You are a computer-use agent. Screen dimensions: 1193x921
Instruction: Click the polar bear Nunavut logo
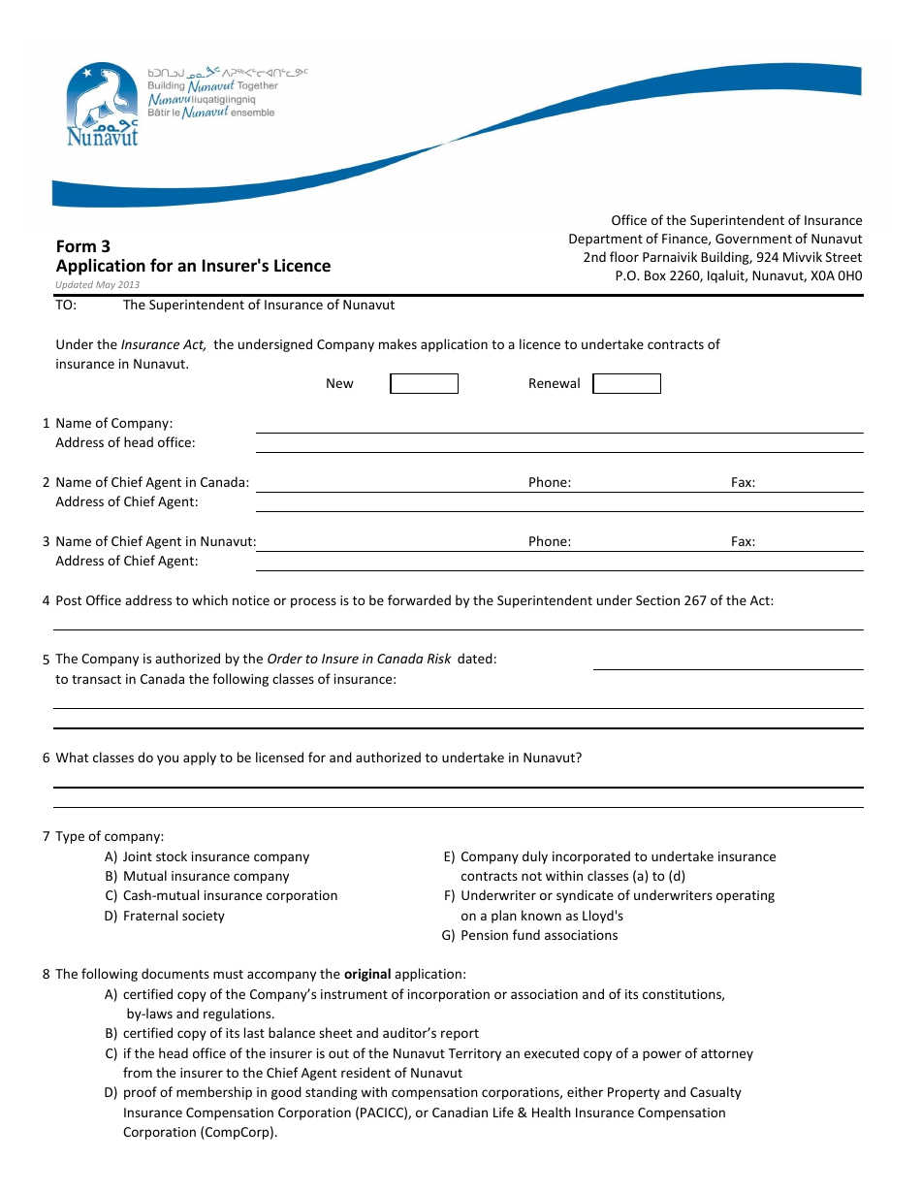coord(102,105)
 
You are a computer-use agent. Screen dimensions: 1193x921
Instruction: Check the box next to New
coord(424,384)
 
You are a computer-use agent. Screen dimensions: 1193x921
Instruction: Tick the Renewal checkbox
coord(626,384)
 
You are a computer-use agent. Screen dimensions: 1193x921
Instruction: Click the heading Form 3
coord(83,246)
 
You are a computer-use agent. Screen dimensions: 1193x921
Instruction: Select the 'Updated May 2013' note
coord(98,285)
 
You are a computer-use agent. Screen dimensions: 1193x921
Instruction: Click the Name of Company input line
coord(558,425)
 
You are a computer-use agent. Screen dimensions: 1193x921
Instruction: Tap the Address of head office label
coord(125,443)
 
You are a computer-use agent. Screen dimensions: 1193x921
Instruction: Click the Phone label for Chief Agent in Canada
coord(550,483)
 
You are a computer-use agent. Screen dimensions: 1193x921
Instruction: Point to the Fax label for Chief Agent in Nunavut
coord(743,542)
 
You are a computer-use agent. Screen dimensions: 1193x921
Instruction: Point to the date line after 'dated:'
coord(727,661)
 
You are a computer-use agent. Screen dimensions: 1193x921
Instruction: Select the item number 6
coord(46,758)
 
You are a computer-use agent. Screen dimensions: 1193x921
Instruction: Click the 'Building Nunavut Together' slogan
coord(212,86)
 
